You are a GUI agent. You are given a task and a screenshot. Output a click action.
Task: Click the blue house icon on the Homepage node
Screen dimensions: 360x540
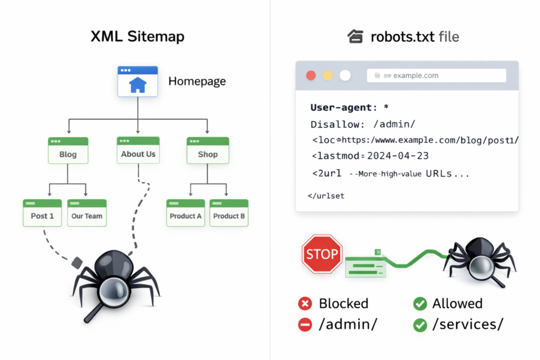pos(138,84)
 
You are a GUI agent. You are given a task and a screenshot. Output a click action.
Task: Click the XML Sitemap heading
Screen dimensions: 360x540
pos(138,36)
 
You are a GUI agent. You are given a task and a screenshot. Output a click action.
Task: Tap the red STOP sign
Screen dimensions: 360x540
pos(322,255)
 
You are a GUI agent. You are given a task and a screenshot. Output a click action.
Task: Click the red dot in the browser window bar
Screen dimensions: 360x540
pos(311,75)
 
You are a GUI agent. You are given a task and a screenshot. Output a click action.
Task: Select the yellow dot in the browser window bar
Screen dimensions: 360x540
pos(327,75)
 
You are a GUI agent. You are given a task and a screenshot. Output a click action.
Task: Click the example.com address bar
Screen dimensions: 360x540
pos(436,75)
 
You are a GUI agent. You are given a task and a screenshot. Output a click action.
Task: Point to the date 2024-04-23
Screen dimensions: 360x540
pos(398,156)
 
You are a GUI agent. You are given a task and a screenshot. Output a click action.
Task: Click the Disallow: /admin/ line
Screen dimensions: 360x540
pos(363,124)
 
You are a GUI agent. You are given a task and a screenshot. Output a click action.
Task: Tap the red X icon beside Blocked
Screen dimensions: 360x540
pos(305,304)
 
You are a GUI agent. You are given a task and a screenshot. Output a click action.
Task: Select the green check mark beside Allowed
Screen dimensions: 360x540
pos(420,304)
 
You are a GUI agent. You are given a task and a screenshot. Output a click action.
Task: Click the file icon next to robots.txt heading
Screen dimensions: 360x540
pos(355,36)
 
